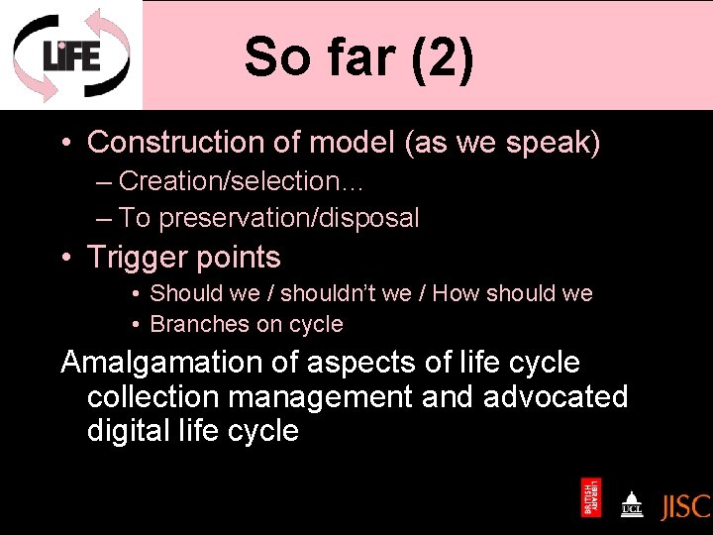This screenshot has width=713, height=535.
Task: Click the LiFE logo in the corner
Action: (x=70, y=54)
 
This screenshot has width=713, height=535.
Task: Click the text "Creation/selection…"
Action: (x=229, y=181)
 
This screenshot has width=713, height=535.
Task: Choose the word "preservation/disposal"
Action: (x=289, y=218)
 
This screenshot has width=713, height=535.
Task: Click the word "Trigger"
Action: (x=140, y=258)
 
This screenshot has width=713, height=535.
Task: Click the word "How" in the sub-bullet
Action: (x=456, y=293)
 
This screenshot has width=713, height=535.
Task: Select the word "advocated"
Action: (x=556, y=396)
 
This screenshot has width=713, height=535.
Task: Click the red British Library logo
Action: (x=591, y=497)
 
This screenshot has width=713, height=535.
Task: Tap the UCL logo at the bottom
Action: (x=631, y=504)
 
